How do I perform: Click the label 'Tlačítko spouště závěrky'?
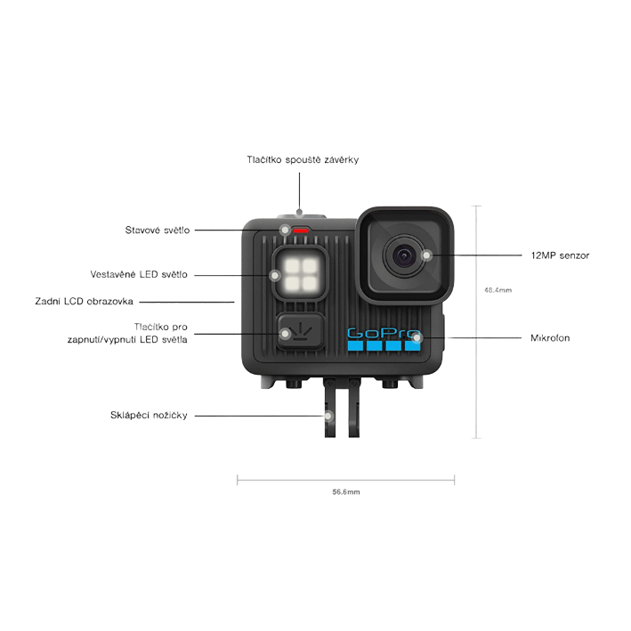(x=303, y=159)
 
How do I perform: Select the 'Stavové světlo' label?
(x=158, y=230)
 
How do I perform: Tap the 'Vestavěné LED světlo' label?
(x=139, y=274)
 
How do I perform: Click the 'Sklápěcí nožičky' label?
(x=149, y=415)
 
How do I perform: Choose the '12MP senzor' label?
(x=559, y=255)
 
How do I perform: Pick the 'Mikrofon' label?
(x=549, y=338)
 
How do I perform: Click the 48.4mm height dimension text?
(x=497, y=290)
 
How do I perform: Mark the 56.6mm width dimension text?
(x=345, y=491)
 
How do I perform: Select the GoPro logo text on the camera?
(x=382, y=333)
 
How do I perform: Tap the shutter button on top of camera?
(x=301, y=215)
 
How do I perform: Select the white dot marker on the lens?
(x=427, y=255)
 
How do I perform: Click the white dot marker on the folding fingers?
(x=328, y=415)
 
